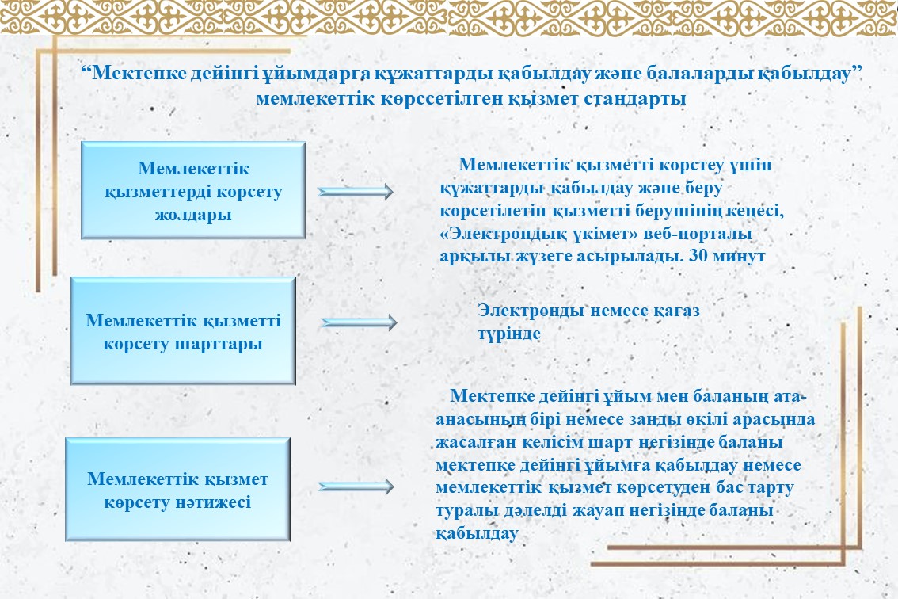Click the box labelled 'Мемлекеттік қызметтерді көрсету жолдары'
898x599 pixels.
coord(193,190)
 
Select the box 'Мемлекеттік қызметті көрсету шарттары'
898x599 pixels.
coord(183,330)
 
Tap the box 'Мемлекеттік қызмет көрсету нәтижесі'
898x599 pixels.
coord(177,490)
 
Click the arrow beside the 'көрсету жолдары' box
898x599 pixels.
coord(356,192)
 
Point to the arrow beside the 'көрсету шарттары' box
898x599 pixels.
coord(359,322)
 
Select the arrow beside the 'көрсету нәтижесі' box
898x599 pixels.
coord(356,486)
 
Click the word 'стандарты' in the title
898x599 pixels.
coord(635,98)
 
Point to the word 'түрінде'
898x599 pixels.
coord(509,334)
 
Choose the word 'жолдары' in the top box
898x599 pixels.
coord(193,215)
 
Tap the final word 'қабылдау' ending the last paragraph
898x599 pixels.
coord(477,534)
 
